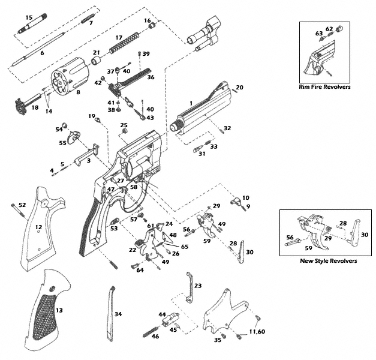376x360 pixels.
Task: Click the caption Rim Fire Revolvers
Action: [x=324, y=87]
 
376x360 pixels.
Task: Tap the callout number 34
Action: [x=118, y=314]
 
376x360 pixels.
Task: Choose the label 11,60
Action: [x=257, y=332]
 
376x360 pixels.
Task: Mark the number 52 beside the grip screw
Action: [x=22, y=205]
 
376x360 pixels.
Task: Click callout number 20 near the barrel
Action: [x=239, y=88]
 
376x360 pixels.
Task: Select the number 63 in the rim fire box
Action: [x=319, y=34]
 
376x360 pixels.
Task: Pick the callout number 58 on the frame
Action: [x=134, y=187]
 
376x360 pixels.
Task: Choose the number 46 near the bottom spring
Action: [x=155, y=337]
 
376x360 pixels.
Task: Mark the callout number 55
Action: [x=62, y=143]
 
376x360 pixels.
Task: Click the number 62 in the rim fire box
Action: [x=329, y=28]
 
